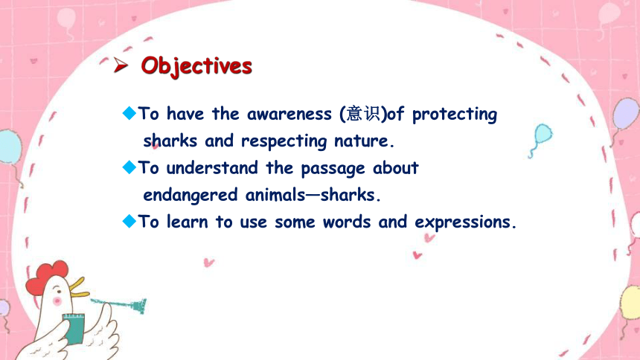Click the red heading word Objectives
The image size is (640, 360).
pyautogui.click(x=196, y=66)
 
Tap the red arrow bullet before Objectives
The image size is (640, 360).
pyautogui.click(x=121, y=65)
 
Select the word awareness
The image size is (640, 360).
pyautogui.click(x=289, y=114)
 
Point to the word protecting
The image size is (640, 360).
pyautogui.click(x=455, y=115)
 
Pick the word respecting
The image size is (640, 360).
pyautogui.click(x=284, y=141)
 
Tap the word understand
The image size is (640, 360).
pyautogui.click(x=212, y=168)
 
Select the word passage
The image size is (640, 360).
pyautogui.click(x=333, y=170)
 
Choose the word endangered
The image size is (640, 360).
pyautogui.click(x=191, y=196)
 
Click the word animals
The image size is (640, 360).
pyautogui.click(x=275, y=195)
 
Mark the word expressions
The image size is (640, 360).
pyautogui.click(x=463, y=222)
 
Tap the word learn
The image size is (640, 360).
pyautogui.click(x=188, y=222)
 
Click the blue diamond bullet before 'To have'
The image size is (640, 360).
pyautogui.click(x=129, y=113)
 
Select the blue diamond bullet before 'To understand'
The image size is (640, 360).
pyautogui.click(x=129, y=167)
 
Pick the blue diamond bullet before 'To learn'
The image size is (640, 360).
pyautogui.click(x=129, y=221)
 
